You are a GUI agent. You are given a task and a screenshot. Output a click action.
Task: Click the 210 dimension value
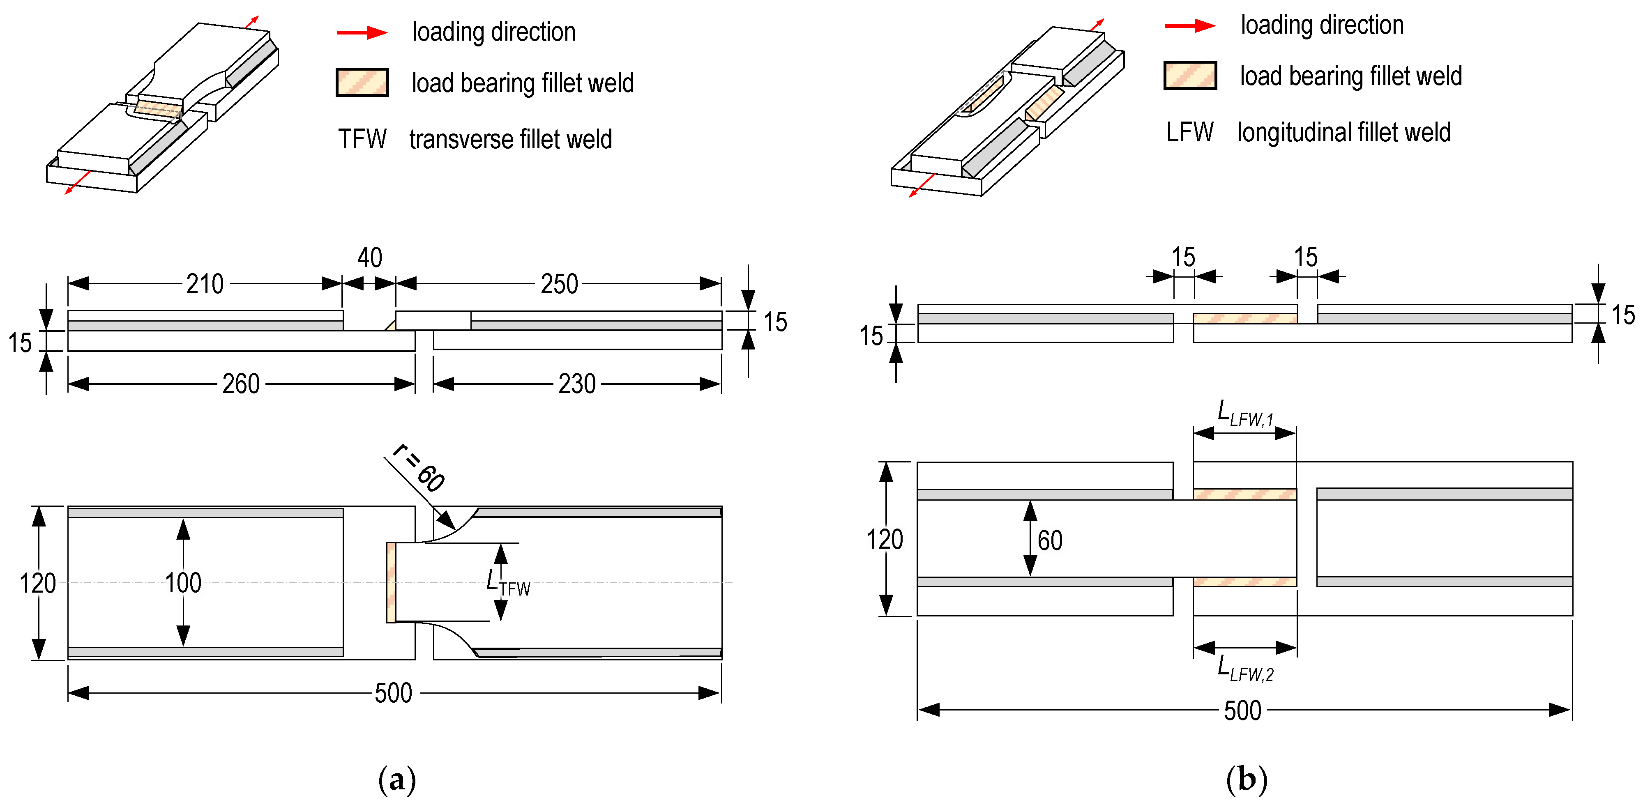[x=205, y=284]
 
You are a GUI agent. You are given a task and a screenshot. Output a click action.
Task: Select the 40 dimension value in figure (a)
[x=369, y=258]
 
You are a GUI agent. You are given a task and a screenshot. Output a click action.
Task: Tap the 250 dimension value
[x=559, y=284]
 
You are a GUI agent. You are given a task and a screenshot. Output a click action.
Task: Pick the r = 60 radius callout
[x=419, y=469]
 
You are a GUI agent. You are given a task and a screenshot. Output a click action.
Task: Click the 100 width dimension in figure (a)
[x=183, y=583]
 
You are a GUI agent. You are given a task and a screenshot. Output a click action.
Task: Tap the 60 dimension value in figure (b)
[x=1049, y=540]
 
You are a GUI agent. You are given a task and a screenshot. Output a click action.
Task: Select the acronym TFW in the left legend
[x=362, y=139]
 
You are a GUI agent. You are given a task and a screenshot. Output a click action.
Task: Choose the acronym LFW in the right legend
[x=1189, y=132]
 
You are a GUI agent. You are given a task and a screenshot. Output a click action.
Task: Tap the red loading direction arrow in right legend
[x=1189, y=25]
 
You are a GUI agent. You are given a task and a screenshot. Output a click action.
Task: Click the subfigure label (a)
[x=397, y=779]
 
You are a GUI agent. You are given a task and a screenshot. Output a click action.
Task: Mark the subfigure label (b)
[x=1246, y=779]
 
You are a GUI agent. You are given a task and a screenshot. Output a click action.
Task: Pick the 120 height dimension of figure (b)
[x=884, y=539]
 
